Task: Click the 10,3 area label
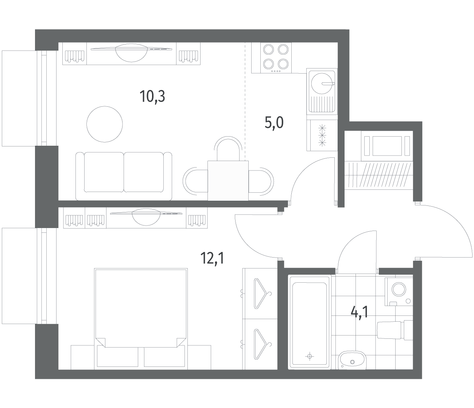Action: coord(152,97)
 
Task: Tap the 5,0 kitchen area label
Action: coord(274,123)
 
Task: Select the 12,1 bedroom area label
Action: coord(212,258)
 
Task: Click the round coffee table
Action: coord(104,124)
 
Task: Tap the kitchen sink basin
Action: coord(322,83)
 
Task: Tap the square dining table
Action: coord(228,181)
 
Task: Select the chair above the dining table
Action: coord(228,149)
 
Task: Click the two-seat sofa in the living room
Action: coord(124,176)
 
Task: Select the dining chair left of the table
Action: coord(195,181)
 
